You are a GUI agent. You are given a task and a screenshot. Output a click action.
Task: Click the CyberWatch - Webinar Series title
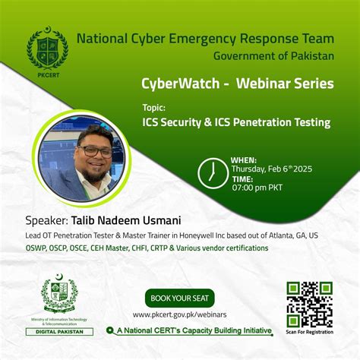point(237,84)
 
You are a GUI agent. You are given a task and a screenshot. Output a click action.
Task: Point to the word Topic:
point(153,108)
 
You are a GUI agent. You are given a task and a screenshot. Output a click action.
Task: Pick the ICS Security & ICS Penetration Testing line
point(236,122)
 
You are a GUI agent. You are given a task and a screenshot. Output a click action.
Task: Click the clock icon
point(212,174)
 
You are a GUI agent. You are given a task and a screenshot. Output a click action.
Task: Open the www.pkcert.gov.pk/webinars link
point(179,314)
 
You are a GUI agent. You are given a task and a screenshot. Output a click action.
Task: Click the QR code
point(309,303)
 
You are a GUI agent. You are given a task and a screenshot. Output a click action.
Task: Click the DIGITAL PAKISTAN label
point(58,332)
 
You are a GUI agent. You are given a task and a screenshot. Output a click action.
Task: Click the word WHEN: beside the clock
point(243,160)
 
